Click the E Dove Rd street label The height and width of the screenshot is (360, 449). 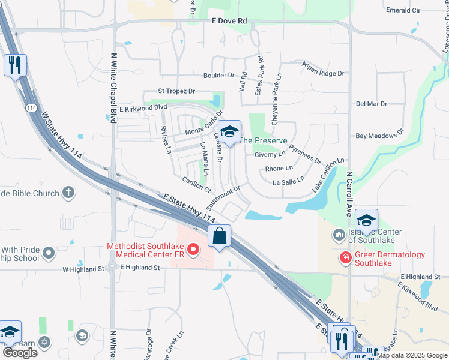click(x=229, y=20)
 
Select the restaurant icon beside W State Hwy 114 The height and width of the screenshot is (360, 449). click(x=15, y=65)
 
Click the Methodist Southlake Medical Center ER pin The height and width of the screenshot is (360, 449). click(x=193, y=248)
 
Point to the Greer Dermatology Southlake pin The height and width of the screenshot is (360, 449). click(x=345, y=258)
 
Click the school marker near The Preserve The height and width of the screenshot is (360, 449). click(x=229, y=131)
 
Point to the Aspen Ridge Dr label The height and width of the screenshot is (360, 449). click(x=323, y=69)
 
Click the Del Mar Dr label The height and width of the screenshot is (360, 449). click(x=372, y=103)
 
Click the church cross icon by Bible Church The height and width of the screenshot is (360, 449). click(x=69, y=193)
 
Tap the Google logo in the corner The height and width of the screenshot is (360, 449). click(x=20, y=352)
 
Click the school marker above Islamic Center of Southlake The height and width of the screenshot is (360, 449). click(x=366, y=220)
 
